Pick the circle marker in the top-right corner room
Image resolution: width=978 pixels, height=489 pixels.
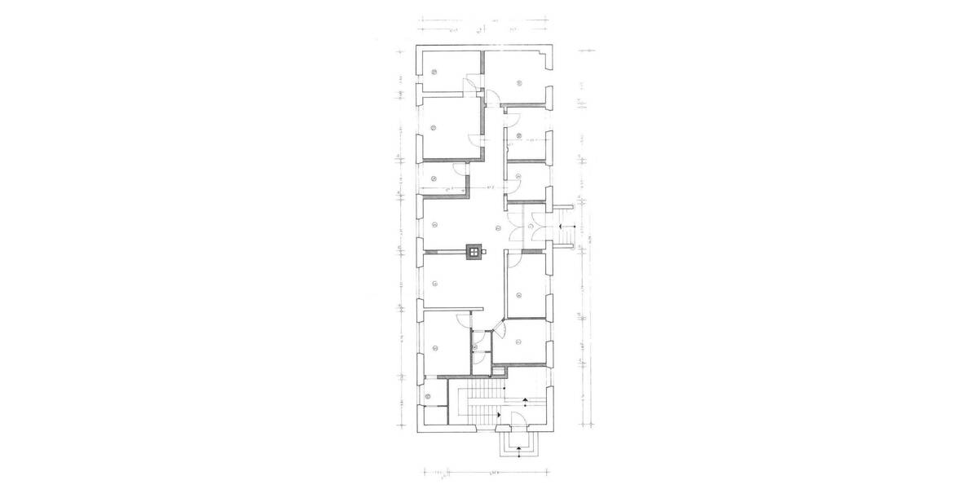(x=518, y=80)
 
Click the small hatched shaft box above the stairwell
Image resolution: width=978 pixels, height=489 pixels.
(x=497, y=370)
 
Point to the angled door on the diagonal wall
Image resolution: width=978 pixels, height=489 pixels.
(x=501, y=330)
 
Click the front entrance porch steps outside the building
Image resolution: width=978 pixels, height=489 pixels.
(x=517, y=445)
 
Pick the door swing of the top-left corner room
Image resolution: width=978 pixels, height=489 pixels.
(x=471, y=85)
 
